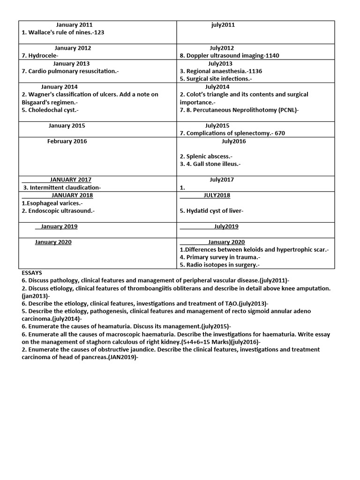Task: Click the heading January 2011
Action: point(74,25)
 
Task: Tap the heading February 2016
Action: point(67,141)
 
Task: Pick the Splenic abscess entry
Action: point(206,157)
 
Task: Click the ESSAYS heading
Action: point(32,272)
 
